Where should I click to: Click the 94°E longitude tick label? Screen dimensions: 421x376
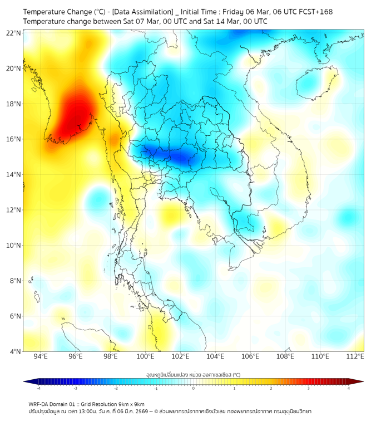[x=41, y=356]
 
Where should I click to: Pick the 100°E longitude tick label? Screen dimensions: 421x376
[x=145, y=356]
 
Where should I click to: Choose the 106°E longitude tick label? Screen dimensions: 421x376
[x=250, y=356]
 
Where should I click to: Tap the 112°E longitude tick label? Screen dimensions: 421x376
[x=355, y=356]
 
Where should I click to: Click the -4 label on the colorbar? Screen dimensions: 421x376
[x=38, y=388]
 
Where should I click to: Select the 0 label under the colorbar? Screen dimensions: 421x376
[x=194, y=388]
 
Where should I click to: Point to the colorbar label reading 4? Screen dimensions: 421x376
[x=348, y=388]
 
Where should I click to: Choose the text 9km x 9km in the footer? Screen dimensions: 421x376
[x=131, y=404]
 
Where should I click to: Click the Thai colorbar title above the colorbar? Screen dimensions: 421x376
[x=193, y=375]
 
